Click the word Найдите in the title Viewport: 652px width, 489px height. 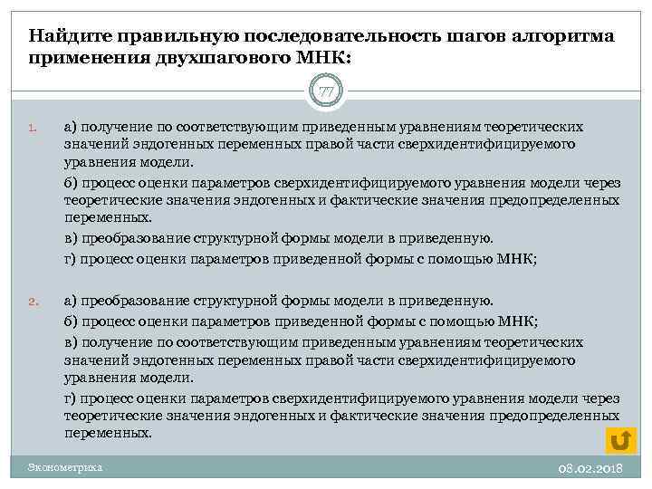click(x=66, y=35)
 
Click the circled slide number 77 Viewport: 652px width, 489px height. click(x=326, y=91)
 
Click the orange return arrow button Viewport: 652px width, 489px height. click(x=620, y=439)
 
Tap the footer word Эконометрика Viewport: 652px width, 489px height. click(x=65, y=467)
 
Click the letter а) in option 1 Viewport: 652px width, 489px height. click(x=71, y=127)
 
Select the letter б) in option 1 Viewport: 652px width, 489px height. click(x=71, y=184)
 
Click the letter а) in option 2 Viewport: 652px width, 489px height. click(x=71, y=301)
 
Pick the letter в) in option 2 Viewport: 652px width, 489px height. click(x=71, y=341)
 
